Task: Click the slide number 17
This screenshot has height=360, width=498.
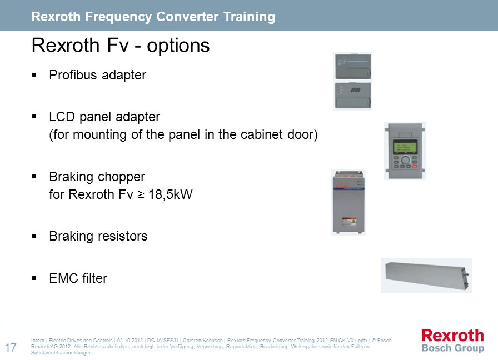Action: pyautogui.click(x=11, y=347)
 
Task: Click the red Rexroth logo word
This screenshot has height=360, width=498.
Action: pyautogui.click(x=452, y=336)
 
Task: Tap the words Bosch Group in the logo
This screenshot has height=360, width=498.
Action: pyautogui.click(x=452, y=348)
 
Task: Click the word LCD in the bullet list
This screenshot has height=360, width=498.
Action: pyautogui.click(x=62, y=117)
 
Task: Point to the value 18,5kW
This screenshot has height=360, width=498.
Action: pyautogui.click(x=171, y=194)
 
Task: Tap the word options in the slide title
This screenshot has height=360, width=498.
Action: pyautogui.click(x=178, y=46)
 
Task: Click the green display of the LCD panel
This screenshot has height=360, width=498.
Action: pyautogui.click(x=405, y=147)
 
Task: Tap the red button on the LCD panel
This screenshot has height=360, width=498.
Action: pyautogui.click(x=415, y=166)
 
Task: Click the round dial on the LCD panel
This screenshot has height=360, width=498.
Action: pyautogui.click(x=405, y=159)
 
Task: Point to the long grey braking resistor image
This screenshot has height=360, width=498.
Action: pyautogui.click(x=426, y=275)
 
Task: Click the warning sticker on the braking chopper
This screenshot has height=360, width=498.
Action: pyautogui.click(x=348, y=222)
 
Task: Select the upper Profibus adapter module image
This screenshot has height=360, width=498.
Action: pyautogui.click(x=353, y=66)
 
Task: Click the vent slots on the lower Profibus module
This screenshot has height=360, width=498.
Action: pyautogui.click(x=355, y=90)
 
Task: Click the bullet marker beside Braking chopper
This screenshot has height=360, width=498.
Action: pyautogui.click(x=34, y=177)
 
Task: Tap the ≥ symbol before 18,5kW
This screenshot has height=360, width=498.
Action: pyautogui.click(x=141, y=194)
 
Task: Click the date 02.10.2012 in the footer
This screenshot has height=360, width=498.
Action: pyautogui.click(x=130, y=341)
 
